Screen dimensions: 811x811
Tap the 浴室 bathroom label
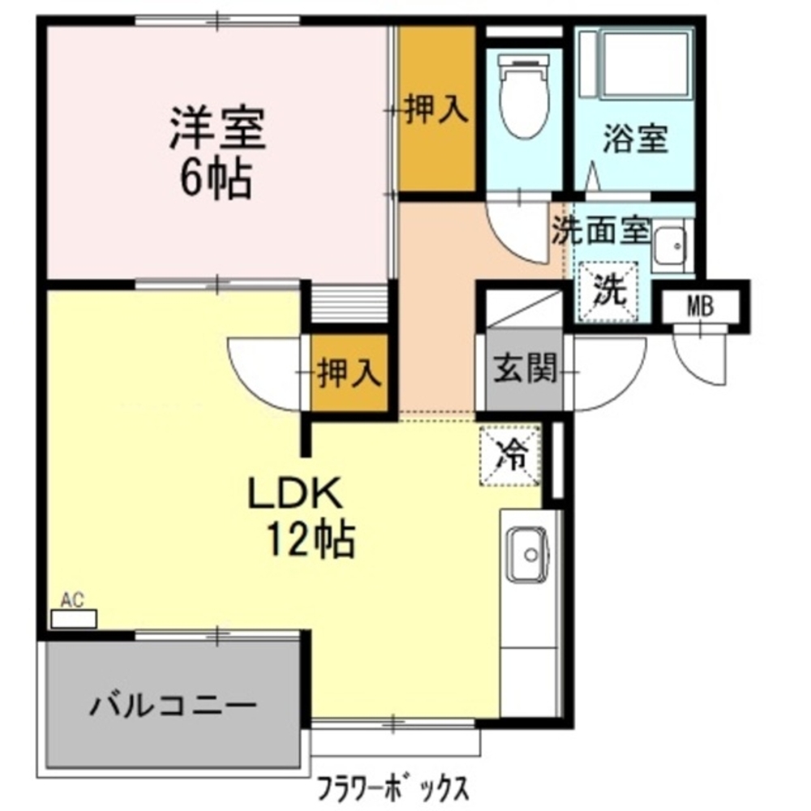(635, 139)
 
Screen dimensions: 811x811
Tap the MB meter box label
(701, 307)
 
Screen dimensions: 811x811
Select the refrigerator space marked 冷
(510, 455)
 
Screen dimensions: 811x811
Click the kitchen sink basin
(528, 555)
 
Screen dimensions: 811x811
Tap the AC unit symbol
(74, 619)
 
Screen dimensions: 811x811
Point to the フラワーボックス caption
(393, 787)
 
